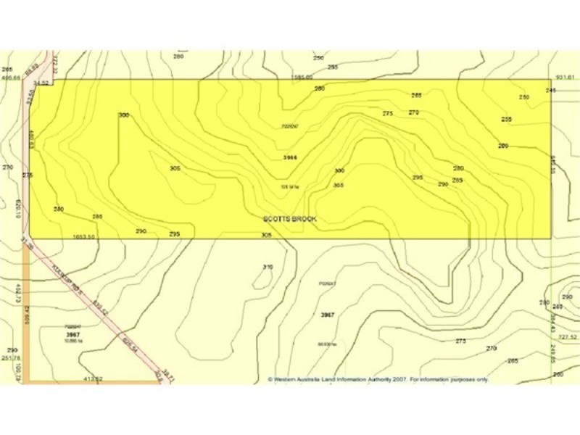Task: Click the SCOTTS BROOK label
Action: click(290, 218)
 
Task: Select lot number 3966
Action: click(290, 157)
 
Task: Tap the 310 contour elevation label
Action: click(268, 268)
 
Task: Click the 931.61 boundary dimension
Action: click(565, 77)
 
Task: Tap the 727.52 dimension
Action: click(567, 337)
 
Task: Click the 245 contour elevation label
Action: click(550, 90)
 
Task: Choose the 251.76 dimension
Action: click(11, 358)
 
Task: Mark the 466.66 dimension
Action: click(11, 78)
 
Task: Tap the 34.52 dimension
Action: click(41, 83)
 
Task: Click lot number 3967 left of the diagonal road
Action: click(72, 334)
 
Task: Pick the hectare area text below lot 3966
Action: click(290, 186)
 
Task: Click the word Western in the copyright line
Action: click(288, 378)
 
